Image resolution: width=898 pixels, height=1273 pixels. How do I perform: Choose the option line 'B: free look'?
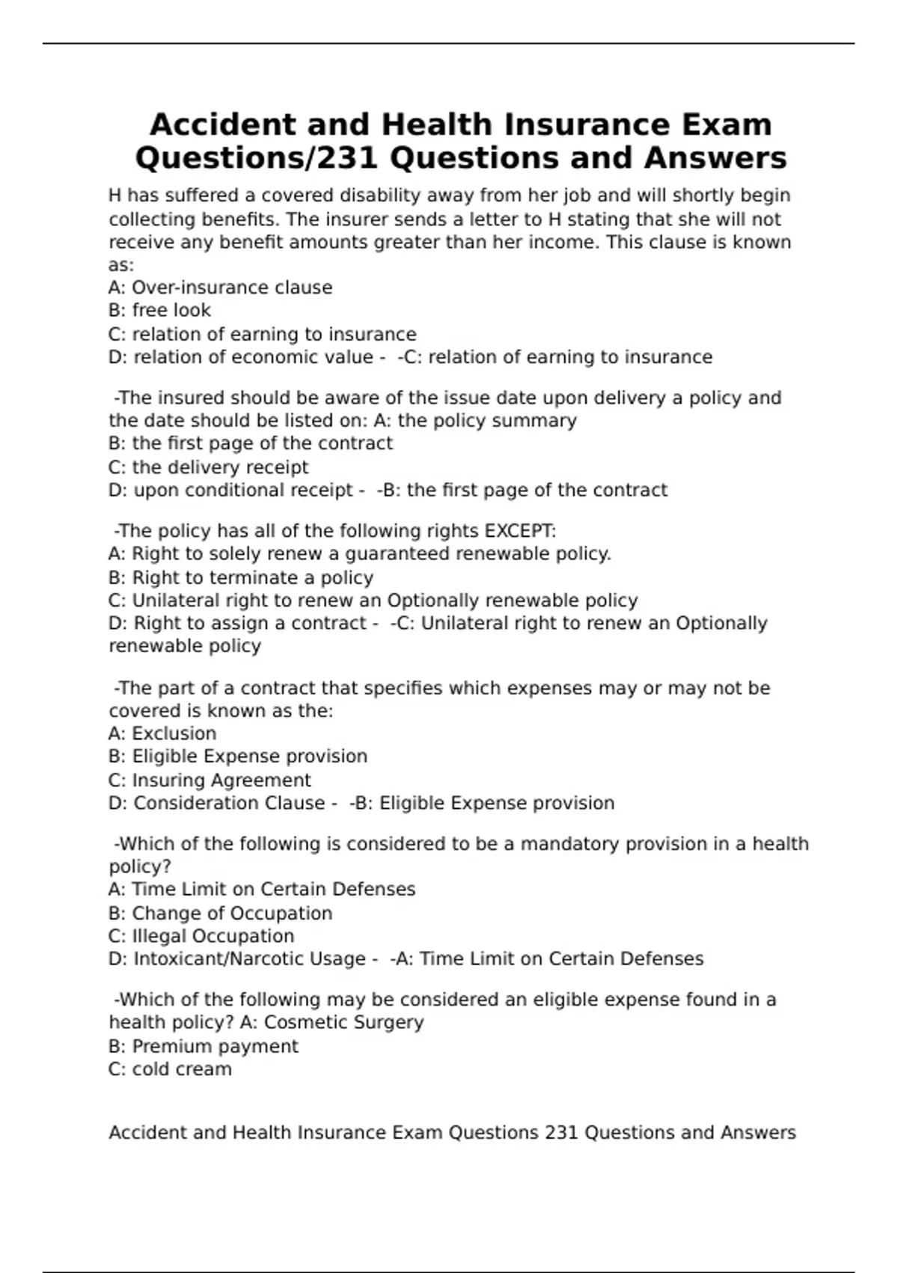point(159,310)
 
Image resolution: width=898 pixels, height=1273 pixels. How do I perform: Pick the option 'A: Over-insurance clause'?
point(220,288)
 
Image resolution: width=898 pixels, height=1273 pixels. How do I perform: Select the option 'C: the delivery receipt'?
point(208,467)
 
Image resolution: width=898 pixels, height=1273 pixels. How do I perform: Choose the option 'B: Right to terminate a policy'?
point(240,577)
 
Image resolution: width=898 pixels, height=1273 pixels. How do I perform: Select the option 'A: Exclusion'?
point(162,733)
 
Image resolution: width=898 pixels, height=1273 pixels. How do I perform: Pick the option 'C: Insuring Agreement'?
point(210,780)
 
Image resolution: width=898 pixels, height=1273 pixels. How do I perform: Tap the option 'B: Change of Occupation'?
point(220,914)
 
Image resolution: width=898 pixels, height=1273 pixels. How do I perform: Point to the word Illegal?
point(159,936)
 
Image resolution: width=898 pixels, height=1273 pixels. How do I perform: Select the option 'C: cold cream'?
point(170,1069)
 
